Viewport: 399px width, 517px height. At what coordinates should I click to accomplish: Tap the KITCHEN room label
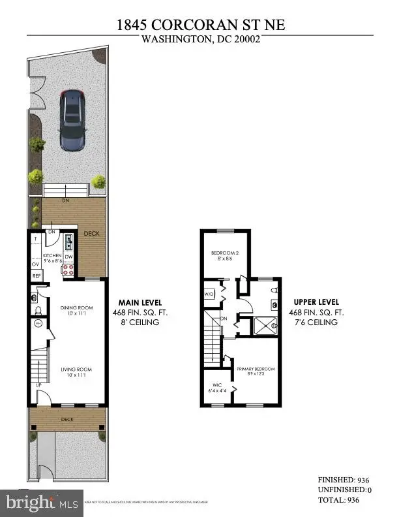click(52, 256)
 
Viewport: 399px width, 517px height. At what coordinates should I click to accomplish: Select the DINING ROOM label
click(78, 308)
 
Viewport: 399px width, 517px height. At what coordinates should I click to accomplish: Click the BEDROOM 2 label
click(224, 253)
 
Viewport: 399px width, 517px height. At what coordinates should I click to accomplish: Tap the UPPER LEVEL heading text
click(316, 303)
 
